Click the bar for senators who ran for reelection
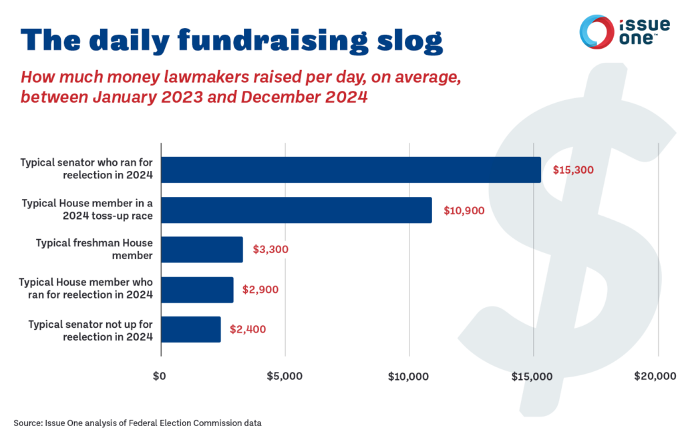tap(351, 170)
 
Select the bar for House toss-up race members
tap(296, 210)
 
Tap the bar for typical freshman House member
tap(202, 249)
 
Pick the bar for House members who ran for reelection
tap(197, 289)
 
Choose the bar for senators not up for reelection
tap(191, 329)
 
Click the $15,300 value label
tap(572, 170)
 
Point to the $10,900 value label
tap(464, 210)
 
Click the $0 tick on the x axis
tap(160, 376)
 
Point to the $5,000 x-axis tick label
tap(284, 376)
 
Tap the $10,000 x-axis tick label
tap(408, 376)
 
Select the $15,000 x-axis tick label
tap(532, 376)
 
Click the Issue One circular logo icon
tap(596, 31)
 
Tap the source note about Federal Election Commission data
tap(137, 423)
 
